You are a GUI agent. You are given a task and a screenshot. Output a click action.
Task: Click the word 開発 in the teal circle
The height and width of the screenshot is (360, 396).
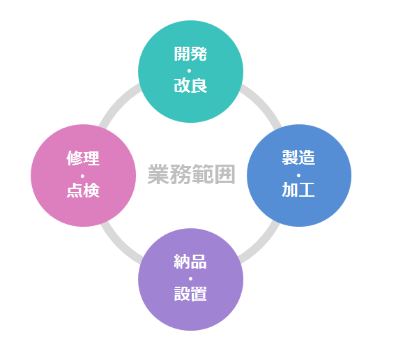click(190, 54)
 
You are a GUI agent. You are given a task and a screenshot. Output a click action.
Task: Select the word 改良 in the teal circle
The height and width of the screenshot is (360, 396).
click(190, 85)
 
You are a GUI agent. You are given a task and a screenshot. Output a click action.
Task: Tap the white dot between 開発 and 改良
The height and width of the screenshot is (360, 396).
click(189, 70)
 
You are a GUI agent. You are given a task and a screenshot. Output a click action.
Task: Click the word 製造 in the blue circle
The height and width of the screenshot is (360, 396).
click(298, 157)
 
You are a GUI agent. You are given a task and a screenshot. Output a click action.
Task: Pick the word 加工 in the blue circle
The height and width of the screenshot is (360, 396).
click(298, 189)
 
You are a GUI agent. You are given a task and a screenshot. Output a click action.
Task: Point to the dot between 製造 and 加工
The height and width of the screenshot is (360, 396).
click(298, 175)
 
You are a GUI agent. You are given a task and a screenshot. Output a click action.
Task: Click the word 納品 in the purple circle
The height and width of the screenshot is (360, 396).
click(190, 262)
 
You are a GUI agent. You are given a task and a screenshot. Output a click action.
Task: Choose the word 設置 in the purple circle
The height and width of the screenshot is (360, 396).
click(190, 294)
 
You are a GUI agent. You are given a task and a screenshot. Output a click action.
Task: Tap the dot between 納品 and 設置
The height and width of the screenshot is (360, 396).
click(190, 279)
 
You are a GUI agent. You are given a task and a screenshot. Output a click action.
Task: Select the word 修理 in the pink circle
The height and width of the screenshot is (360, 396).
click(83, 158)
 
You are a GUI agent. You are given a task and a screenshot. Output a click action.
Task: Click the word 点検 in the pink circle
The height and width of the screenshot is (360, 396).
click(83, 190)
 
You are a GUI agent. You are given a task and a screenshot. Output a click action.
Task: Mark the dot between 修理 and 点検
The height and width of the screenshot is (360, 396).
click(82, 176)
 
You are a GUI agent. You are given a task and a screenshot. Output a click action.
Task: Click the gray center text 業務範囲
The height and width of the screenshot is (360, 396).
click(192, 174)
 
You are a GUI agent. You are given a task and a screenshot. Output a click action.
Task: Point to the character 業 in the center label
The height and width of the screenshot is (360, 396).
click(158, 174)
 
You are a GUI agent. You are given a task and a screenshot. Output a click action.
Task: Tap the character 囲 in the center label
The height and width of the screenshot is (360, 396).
click(224, 174)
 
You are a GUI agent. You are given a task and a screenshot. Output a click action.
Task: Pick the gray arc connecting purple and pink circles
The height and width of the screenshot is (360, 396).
click(119, 246)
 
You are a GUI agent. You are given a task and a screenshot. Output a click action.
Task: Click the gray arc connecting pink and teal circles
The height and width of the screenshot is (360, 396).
click(116, 104)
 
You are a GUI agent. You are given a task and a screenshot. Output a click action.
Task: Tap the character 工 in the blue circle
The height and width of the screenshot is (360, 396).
click(307, 189)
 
